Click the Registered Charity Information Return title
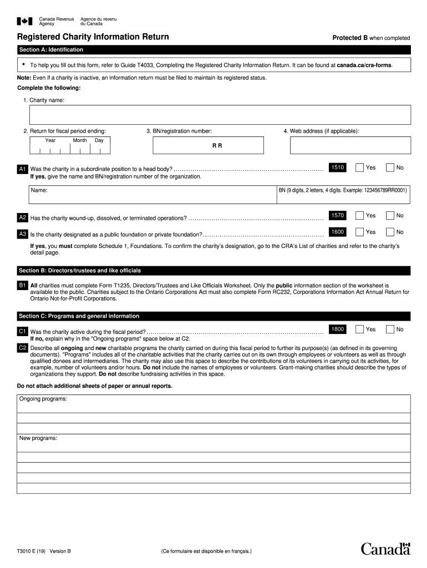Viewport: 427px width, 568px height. coord(93,37)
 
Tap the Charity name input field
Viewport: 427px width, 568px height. coord(220,115)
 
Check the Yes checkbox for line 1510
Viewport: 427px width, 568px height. coord(360,168)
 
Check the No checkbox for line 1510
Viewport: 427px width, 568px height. coord(390,168)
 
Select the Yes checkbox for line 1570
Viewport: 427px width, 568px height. coord(360,215)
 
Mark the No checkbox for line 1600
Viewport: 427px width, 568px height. coord(390,232)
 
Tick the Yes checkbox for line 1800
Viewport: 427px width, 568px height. coord(360,329)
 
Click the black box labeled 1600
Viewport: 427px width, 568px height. coord(338,232)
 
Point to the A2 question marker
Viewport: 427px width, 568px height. coord(23,217)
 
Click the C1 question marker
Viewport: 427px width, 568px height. coord(23,331)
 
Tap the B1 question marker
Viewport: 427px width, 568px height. coord(23,285)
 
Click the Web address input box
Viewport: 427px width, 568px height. coord(350,145)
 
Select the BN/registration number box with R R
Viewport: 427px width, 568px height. coord(209,145)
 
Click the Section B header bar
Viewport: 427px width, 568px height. coord(213,271)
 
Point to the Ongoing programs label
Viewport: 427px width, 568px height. coord(43,399)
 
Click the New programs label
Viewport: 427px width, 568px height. coord(38,438)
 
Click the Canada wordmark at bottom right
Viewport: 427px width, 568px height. coord(385,549)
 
